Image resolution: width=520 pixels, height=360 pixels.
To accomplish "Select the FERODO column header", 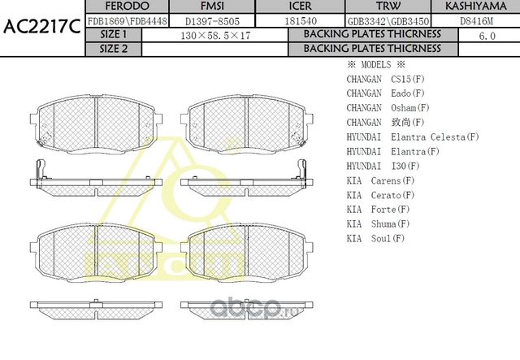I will (x=127, y=7).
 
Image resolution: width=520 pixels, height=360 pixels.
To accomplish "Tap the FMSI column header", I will (x=211, y=7).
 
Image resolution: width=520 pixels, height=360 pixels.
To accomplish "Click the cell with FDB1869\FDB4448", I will (x=127, y=20).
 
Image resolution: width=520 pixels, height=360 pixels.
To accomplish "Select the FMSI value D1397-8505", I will (x=211, y=20).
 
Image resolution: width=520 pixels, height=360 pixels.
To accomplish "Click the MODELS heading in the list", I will (x=375, y=64).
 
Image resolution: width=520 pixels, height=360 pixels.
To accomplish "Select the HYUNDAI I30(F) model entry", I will (x=382, y=166).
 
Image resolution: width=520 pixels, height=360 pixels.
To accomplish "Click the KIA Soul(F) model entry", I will (x=375, y=238).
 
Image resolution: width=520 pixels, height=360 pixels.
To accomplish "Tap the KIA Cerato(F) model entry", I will (x=380, y=195).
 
